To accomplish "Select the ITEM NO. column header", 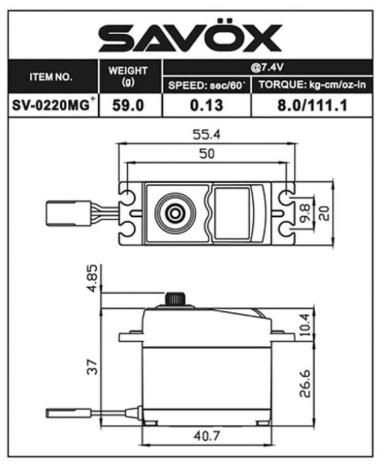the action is (51, 77).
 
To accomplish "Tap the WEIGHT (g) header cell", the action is (128, 76).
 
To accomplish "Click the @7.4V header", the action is (267, 68).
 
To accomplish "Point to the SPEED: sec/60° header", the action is (207, 86).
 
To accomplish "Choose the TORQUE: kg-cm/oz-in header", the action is (312, 85).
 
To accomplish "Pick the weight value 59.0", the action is (128, 105).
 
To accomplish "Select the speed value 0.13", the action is (206, 105).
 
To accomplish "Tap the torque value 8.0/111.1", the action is (312, 105).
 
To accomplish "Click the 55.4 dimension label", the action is (207, 134).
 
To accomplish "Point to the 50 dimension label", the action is (207, 153).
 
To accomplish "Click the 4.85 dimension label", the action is (93, 278).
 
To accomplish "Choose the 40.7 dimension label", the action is (207, 436).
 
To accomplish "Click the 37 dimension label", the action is (93, 367).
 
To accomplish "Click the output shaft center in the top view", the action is (175, 213).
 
